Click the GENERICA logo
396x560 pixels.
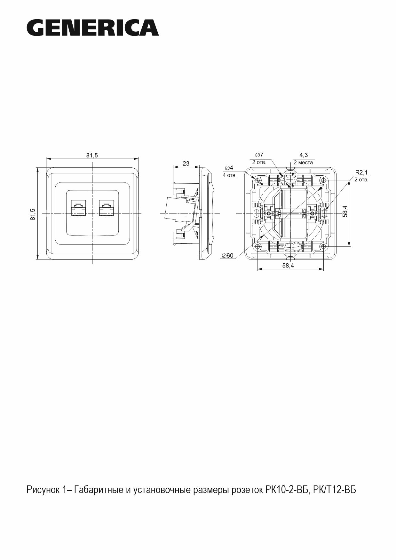point(93,28)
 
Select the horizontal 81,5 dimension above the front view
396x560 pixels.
point(92,155)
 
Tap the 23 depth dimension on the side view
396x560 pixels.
point(186,164)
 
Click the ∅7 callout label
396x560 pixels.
point(259,155)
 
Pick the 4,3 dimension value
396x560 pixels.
point(303,155)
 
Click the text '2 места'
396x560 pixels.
point(303,162)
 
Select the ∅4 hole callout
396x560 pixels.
point(229,168)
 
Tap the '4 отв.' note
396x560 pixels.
point(230,175)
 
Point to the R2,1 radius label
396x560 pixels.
point(361,172)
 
